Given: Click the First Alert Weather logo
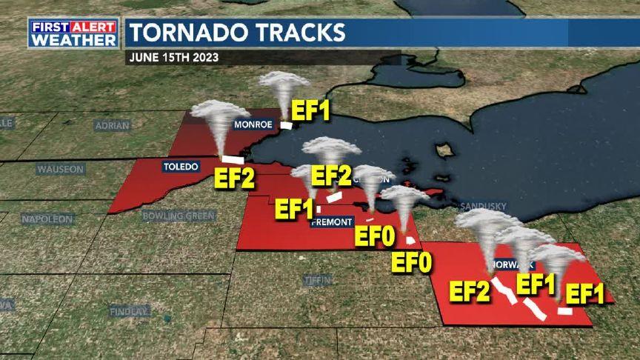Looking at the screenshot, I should click(x=73, y=33).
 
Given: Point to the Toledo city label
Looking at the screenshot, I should click(x=181, y=167).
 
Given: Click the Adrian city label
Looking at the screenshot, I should click(x=112, y=125).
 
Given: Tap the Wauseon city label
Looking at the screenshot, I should click(x=60, y=169).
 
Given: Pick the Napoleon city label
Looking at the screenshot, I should click(x=46, y=219).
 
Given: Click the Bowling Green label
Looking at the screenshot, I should click(x=179, y=216).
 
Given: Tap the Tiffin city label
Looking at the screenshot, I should click(x=313, y=279).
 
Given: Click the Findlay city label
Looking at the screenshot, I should click(x=129, y=312).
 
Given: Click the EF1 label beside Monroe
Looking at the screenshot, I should click(x=310, y=111).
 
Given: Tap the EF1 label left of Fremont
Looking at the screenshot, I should click(x=294, y=209).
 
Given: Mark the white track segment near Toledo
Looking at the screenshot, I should click(x=234, y=159).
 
